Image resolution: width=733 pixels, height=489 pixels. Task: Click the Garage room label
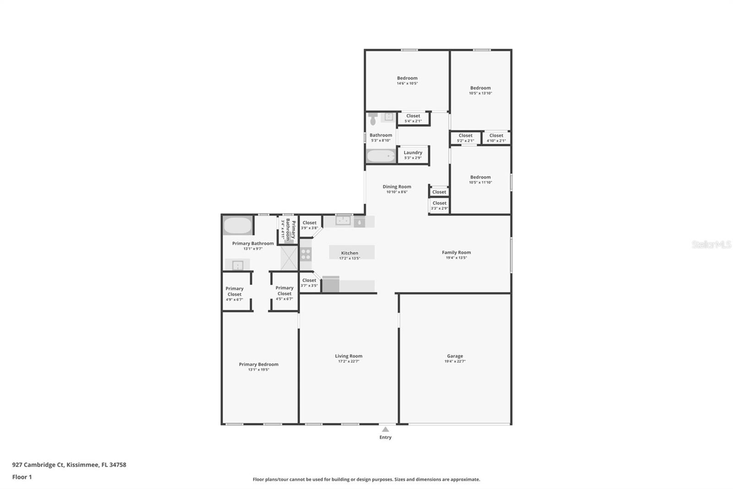455,356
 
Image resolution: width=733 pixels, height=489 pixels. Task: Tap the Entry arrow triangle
385,429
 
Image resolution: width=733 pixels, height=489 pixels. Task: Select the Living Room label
348,356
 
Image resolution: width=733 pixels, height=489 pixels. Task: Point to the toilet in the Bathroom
373,119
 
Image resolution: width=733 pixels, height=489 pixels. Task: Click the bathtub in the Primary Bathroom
237,226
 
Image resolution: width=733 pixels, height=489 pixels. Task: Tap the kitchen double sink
343,221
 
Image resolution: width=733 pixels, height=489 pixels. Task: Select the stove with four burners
306,254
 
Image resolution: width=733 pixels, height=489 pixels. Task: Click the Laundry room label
413,153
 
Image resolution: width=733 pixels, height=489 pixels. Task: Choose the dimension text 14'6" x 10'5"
407,83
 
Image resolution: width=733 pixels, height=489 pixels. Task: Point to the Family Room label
456,252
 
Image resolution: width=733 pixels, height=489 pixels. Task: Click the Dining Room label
397,187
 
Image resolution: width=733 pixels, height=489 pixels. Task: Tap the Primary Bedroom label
258,364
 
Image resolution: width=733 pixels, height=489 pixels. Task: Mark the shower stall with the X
289,258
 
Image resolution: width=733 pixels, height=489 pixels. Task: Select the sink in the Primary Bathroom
237,265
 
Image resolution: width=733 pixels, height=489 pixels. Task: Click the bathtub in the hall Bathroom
381,156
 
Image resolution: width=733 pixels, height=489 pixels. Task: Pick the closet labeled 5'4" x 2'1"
413,118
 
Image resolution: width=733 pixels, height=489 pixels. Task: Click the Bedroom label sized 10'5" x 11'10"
480,177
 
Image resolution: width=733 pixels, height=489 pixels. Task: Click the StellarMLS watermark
711,244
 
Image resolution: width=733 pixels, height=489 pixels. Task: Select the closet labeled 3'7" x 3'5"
309,283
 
